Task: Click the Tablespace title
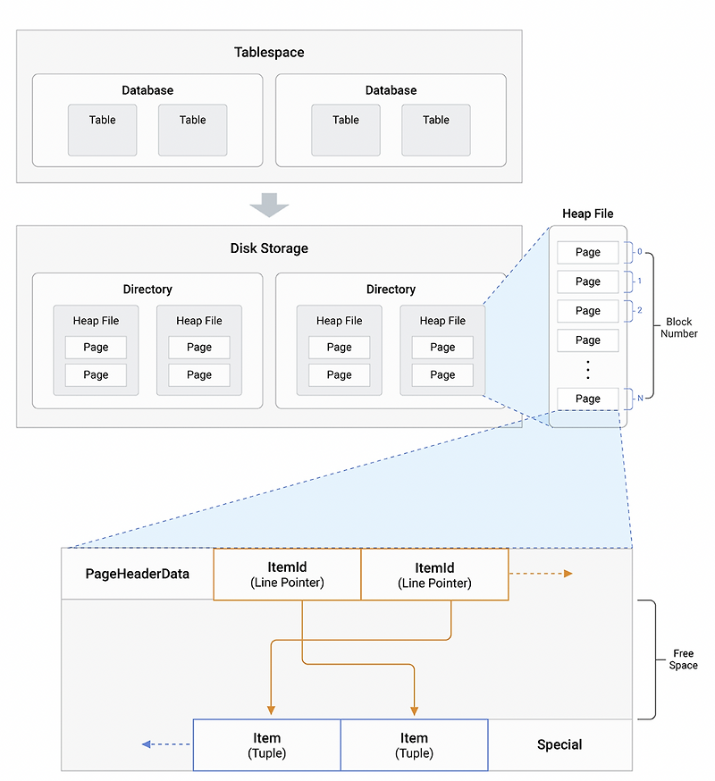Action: [269, 53]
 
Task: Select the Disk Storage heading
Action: [269, 248]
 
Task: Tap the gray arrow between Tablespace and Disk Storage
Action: [269, 205]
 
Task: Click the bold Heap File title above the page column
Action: [587, 214]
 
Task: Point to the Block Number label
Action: [679, 327]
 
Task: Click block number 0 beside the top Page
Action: [639, 252]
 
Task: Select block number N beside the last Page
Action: [639, 399]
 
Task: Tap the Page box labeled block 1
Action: [587, 281]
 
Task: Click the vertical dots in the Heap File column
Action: [587, 369]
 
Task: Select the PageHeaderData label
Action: [137, 574]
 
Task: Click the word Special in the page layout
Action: [559, 744]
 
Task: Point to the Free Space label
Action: [683, 659]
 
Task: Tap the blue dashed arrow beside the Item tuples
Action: [166, 744]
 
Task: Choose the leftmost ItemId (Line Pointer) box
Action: [287, 575]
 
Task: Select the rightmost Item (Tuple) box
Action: [414, 745]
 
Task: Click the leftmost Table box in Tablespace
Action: [103, 130]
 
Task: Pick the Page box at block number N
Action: [587, 399]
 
